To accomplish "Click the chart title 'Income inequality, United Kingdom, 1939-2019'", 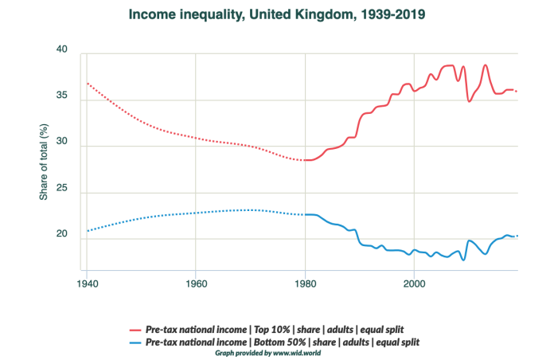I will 277,14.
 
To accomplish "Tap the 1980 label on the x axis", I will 305,283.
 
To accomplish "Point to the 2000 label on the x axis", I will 413,283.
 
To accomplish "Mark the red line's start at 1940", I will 87,83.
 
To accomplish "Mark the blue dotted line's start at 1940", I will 87,231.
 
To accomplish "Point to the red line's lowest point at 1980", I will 305,160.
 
